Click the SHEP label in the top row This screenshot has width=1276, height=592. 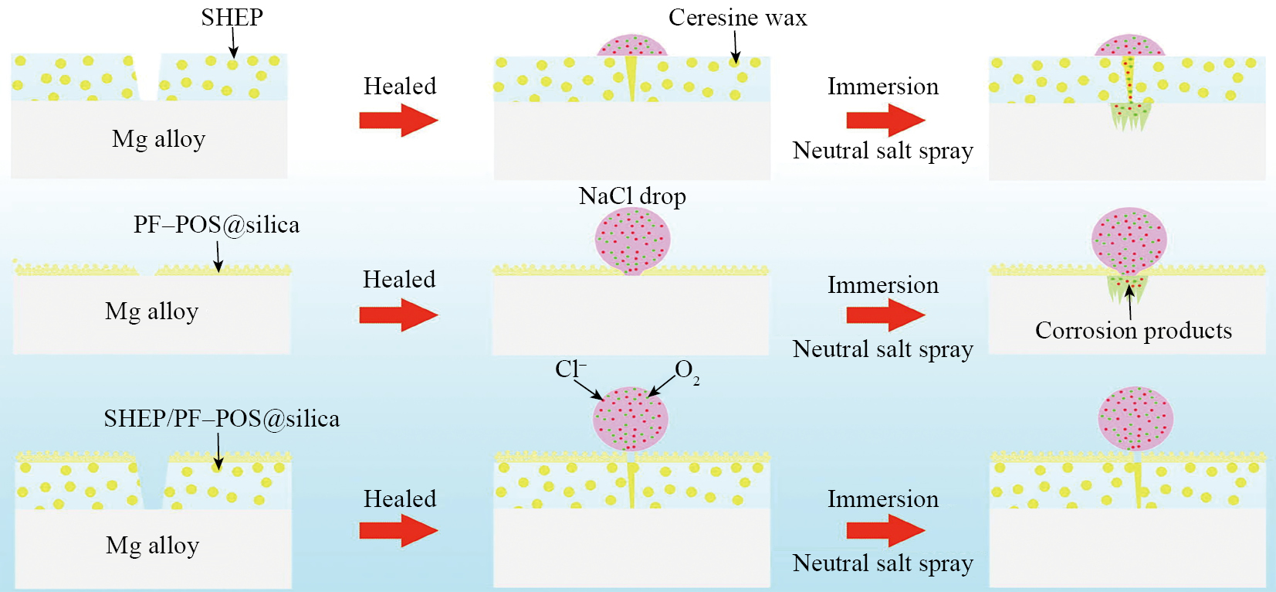pos(232,17)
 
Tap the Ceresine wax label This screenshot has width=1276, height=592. pos(737,17)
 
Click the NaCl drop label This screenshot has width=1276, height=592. pos(632,196)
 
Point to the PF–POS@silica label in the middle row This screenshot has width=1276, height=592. pos(216,225)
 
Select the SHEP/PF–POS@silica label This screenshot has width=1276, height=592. pos(222,419)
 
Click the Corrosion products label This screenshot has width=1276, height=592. pos(1133,331)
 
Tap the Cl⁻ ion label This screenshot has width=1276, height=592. pos(570,369)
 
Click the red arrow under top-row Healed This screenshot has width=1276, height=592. pos(398,121)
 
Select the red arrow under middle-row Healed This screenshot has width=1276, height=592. pos(398,315)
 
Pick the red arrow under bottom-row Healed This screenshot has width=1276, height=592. pos(398,531)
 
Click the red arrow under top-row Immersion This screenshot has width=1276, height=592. pos(885,120)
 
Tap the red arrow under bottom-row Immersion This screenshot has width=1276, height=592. pos(885,531)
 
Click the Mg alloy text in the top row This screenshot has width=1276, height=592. pos(158,139)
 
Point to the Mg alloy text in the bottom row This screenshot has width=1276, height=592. pos(152,546)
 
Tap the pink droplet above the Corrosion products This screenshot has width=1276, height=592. pos(1129,240)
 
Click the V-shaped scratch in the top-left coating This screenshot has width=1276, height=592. pos(147,77)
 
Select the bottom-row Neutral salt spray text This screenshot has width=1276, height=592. pos(882,563)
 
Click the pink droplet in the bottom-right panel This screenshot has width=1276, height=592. pos(1136,419)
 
